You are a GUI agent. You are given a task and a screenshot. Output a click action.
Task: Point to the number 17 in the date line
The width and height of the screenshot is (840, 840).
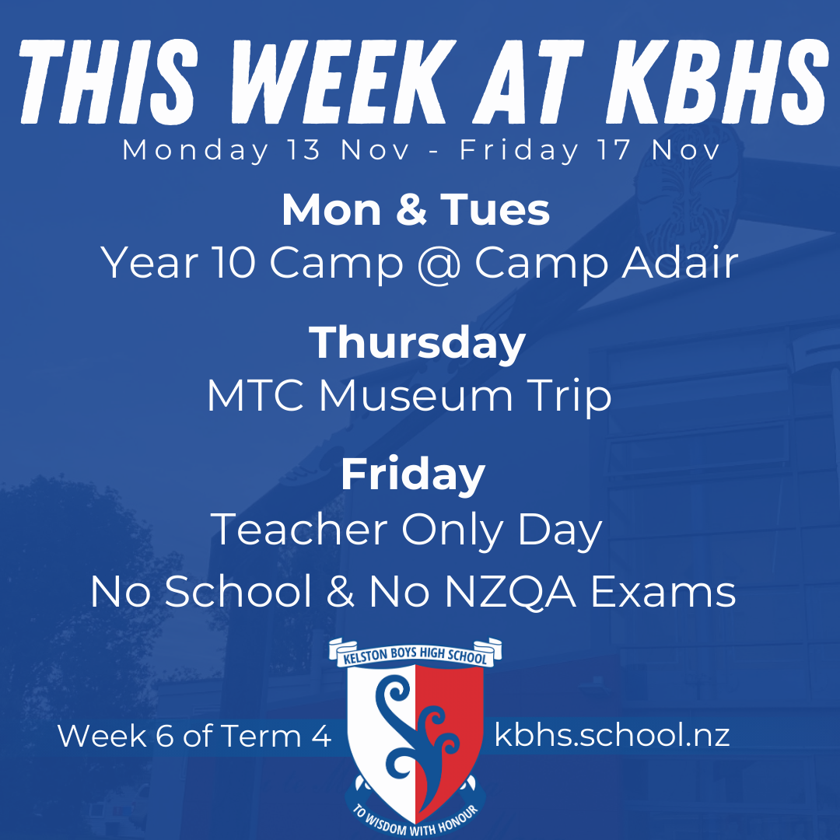point(614,150)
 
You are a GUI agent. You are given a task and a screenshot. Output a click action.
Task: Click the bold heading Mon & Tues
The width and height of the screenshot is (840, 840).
point(415,210)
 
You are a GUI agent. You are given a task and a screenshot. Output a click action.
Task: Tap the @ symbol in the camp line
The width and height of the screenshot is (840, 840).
point(439,264)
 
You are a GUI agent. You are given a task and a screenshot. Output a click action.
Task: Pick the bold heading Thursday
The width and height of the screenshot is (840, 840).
point(418,342)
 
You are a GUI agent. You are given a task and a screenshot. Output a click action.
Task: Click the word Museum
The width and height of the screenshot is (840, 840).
point(415,397)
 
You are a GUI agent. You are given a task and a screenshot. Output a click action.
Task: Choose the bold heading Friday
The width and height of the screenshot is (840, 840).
point(412,474)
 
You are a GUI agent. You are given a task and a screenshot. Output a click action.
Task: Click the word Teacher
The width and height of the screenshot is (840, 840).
point(299,530)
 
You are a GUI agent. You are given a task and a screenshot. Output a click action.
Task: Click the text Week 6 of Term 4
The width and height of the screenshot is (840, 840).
point(194,736)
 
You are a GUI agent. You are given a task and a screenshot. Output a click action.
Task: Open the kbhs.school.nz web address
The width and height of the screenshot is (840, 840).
point(612,736)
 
